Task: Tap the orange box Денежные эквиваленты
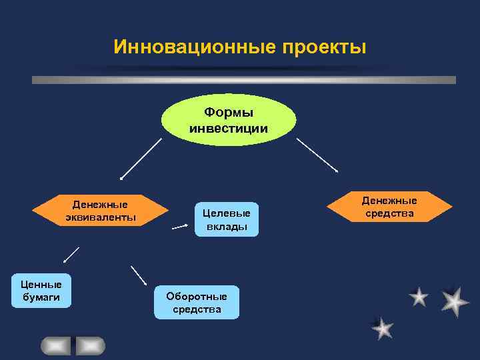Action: tap(100, 211)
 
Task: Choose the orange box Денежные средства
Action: tap(389, 207)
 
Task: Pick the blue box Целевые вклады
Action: tap(227, 219)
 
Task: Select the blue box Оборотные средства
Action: tap(197, 303)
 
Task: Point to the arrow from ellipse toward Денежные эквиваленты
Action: tap(141, 159)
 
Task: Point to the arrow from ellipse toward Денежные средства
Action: tap(317, 155)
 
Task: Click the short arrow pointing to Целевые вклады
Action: tap(180, 227)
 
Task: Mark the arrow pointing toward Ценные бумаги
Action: tap(71, 255)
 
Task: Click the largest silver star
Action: tap(455, 301)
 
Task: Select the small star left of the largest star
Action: tap(419, 297)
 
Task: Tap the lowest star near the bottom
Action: tap(383, 328)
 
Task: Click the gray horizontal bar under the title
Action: tap(244, 80)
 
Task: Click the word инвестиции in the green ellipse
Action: tap(229, 128)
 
